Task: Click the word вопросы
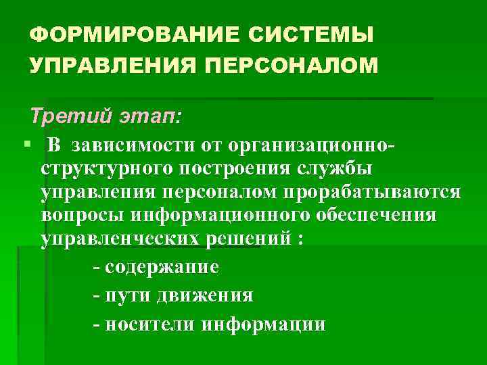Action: [80, 216]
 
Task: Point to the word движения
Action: [205, 295]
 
